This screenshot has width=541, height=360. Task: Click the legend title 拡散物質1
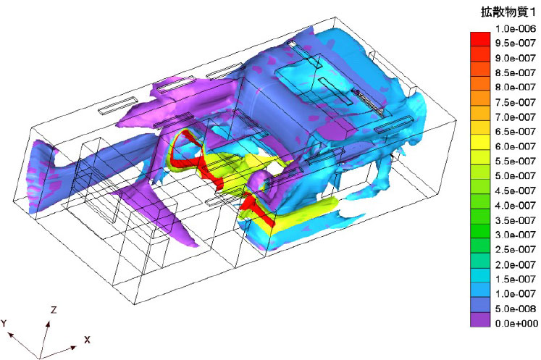coord(508,12)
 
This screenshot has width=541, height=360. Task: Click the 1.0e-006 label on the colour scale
coord(516,29)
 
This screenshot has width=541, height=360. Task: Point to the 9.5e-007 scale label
coord(516,43)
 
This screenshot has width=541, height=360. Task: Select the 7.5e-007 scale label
coord(516,102)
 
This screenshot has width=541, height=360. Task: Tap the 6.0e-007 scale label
coord(516,146)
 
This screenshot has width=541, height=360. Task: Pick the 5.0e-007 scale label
coord(516,176)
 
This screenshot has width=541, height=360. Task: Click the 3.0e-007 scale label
coord(516,235)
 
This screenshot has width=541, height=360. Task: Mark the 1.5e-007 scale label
coord(516,279)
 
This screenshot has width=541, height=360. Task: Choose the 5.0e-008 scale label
coord(516,309)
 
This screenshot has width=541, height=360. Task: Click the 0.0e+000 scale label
coord(516,323)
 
